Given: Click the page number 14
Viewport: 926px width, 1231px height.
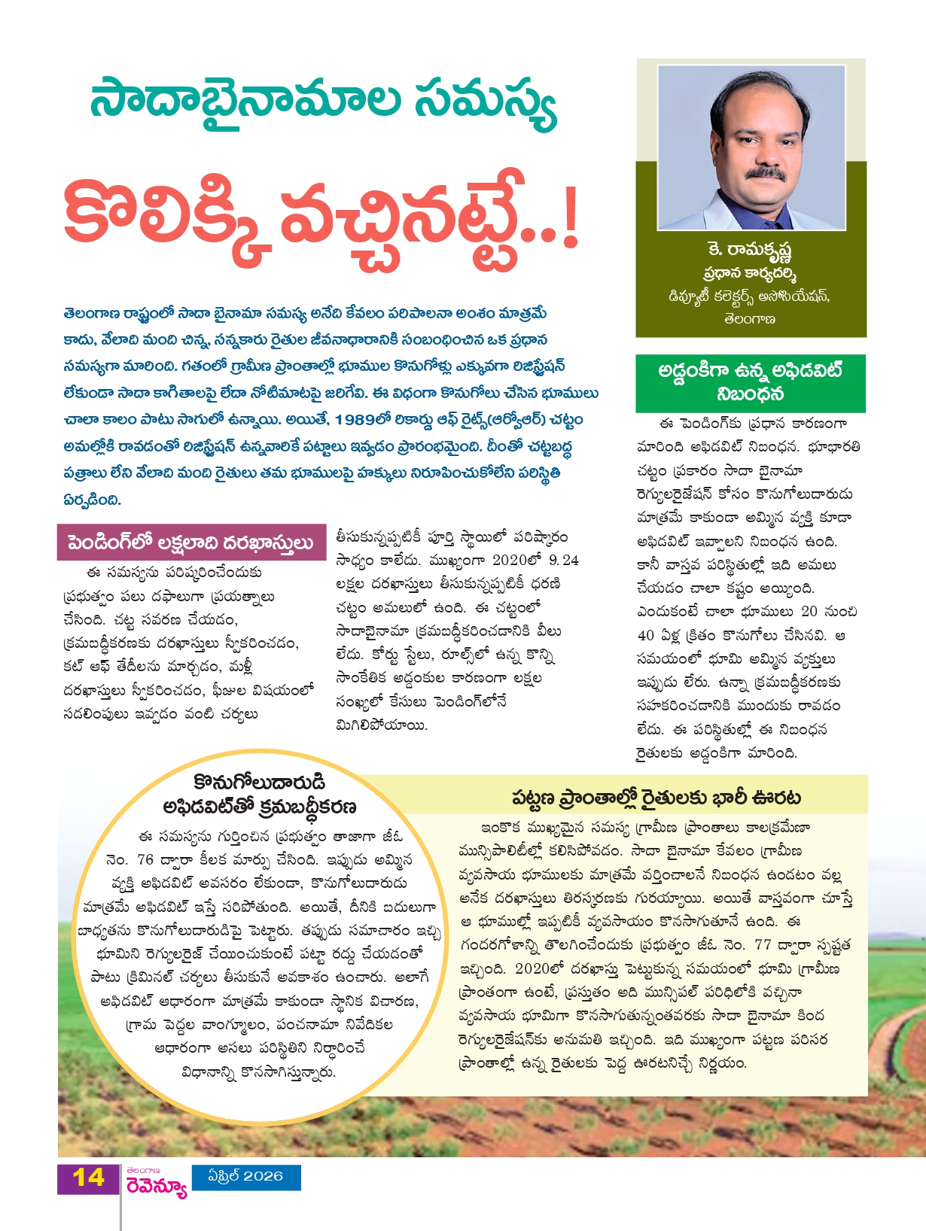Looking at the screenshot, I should (x=88, y=1178).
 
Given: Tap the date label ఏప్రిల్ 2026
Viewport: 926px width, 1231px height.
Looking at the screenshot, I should (x=245, y=1176).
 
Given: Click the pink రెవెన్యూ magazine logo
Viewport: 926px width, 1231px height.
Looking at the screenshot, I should (x=156, y=1187).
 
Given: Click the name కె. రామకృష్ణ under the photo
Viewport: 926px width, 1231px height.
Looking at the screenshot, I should (x=750, y=251).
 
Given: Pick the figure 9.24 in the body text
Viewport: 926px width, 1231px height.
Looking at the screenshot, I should (x=564, y=561).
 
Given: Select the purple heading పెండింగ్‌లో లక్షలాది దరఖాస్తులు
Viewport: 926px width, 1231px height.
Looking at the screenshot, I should (x=190, y=543).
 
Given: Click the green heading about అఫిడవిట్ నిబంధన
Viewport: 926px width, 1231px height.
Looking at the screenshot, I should (x=750, y=381).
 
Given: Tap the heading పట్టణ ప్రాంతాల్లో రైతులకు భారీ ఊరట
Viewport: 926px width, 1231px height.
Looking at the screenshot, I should (x=656, y=798).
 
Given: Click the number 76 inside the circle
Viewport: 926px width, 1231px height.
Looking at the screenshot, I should (x=145, y=859).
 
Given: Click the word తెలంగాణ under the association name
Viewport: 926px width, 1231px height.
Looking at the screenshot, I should (x=749, y=319).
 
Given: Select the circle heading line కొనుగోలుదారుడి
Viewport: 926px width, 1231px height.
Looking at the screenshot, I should (x=259, y=783).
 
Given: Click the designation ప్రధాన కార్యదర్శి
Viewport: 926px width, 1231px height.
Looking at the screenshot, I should (x=750, y=274).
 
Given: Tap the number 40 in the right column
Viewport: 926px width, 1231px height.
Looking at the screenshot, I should (x=645, y=635).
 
